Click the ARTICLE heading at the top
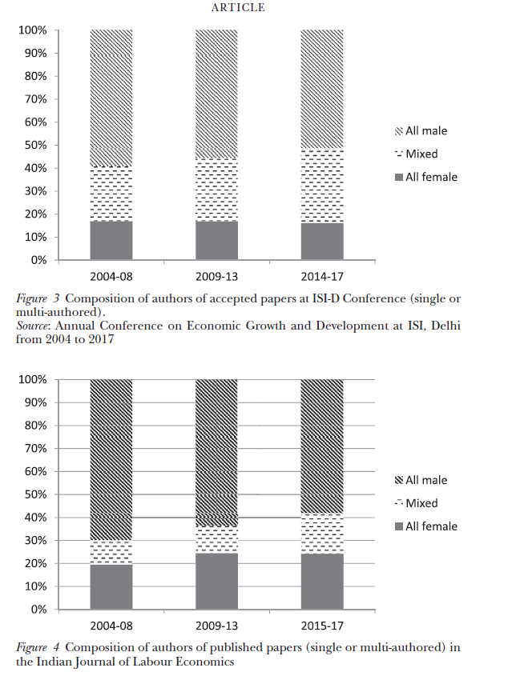[237, 8]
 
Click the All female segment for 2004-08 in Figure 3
[111, 240]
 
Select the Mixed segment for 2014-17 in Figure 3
[322, 186]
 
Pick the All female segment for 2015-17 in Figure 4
[322, 582]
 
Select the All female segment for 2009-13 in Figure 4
[216, 582]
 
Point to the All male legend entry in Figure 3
[426, 130]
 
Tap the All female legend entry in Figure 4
[431, 526]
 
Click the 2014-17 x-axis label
[322, 277]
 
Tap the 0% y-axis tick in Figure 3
[39, 260]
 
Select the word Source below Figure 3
[34, 326]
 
